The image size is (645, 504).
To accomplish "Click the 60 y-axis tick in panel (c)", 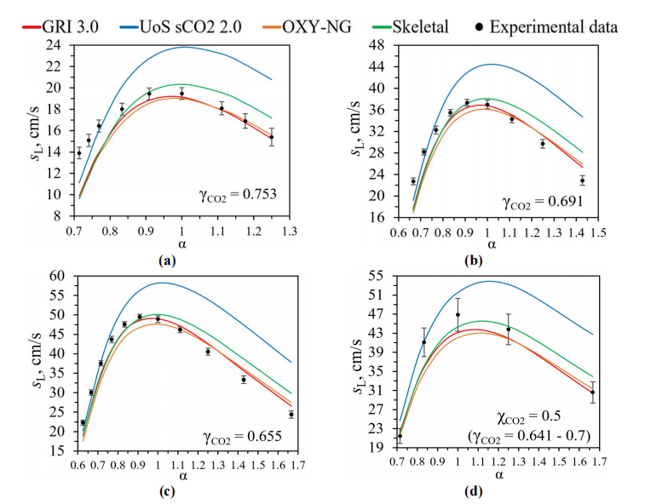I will coord(56,276).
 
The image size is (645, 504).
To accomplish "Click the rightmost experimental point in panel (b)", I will coord(583,180).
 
